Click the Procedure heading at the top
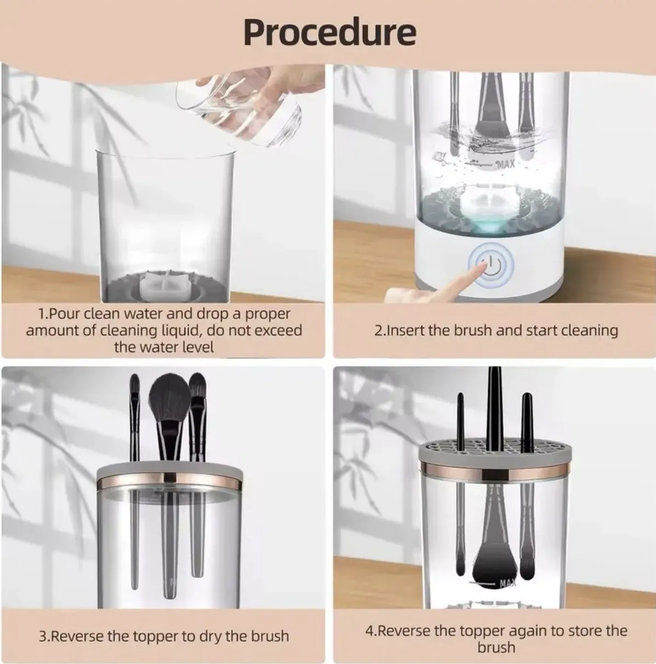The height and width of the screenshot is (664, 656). [329, 31]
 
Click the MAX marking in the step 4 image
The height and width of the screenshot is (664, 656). [507, 584]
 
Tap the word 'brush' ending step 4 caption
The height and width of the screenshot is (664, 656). [496, 648]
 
